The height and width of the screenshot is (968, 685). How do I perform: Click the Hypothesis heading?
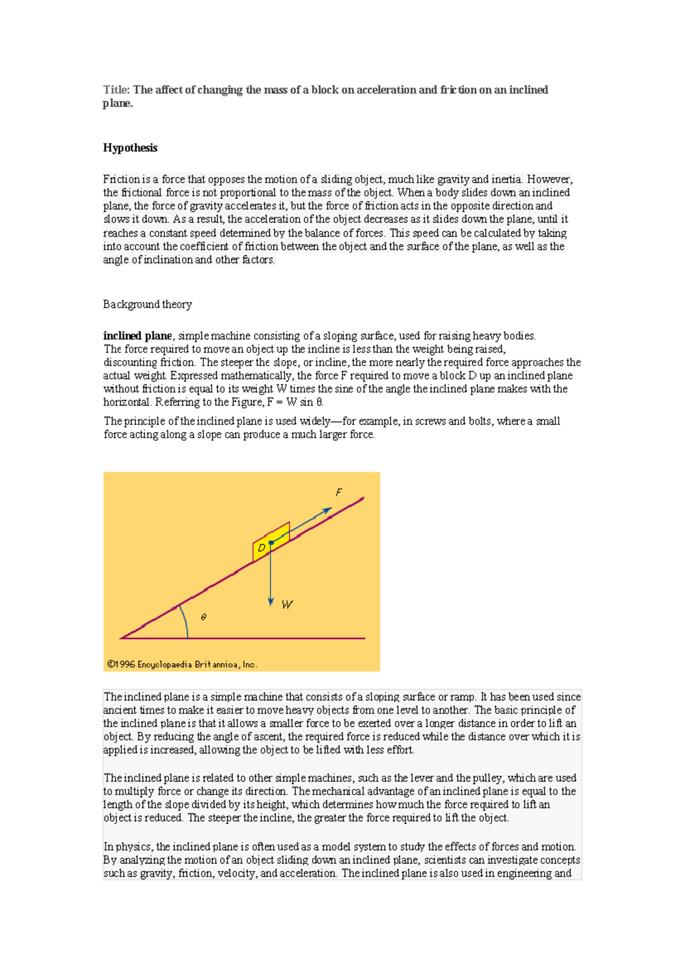[130, 148]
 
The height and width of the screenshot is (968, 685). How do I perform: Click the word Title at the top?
[115, 90]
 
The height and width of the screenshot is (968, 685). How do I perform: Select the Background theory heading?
[147, 304]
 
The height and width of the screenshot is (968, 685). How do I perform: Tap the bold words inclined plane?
[137, 336]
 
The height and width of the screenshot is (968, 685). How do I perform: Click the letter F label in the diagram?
[339, 492]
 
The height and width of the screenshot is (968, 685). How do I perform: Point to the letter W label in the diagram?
[287, 604]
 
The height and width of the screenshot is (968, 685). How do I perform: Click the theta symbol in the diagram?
[204, 617]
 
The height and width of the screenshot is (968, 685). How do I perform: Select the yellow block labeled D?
[262, 548]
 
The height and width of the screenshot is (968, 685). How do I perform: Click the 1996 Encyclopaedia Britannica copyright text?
[182, 664]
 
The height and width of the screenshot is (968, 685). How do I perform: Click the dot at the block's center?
[272, 542]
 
